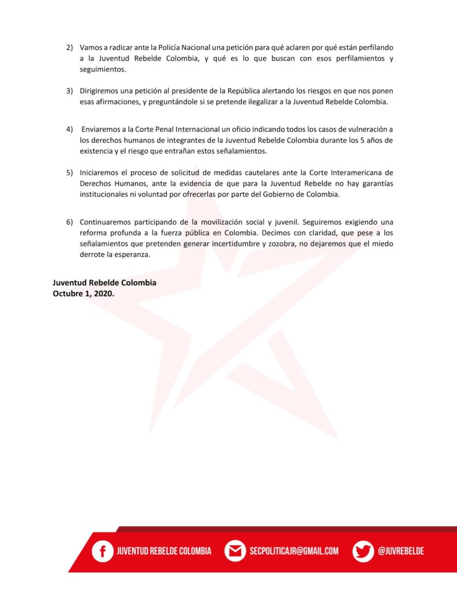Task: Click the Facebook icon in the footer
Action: [103, 551]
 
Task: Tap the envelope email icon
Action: [235, 551]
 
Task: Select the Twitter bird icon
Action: [363, 551]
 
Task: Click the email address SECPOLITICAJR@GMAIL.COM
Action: [294, 551]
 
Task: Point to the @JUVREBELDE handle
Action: [401, 551]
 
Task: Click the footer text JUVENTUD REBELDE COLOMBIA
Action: [164, 551]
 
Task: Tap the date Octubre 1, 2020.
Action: [84, 293]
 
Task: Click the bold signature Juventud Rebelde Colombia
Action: [104, 283]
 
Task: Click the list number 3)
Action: [69, 91]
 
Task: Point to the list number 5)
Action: [69, 172]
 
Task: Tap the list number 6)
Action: [69, 221]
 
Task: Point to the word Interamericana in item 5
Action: [351, 172]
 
